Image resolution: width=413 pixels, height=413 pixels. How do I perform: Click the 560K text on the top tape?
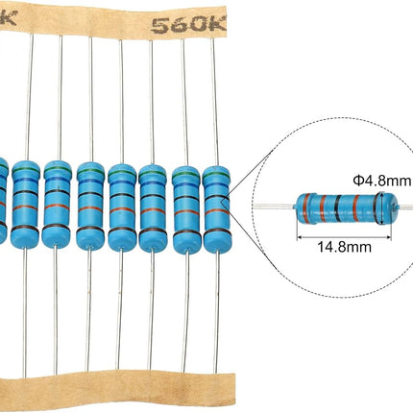188,25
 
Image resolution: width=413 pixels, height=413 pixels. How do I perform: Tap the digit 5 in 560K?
159,26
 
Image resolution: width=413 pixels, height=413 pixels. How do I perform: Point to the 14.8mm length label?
344,247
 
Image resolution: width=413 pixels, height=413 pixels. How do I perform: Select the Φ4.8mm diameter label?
381,181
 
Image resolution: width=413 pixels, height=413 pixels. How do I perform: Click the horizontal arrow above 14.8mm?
345,237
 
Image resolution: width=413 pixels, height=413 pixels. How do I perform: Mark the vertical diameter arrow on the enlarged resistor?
381,208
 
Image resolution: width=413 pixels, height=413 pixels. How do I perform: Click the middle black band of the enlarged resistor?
337,207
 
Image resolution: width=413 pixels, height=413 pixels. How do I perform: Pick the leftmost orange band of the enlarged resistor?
306,207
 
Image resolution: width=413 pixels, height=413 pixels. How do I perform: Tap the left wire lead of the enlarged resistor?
274,206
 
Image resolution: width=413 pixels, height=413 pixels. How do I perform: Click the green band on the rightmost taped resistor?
216,175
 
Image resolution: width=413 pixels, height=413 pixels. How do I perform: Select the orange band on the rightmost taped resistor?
216,212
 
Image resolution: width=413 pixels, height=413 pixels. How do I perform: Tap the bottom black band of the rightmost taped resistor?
216,231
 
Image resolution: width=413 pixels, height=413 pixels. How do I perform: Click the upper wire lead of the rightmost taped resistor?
215,103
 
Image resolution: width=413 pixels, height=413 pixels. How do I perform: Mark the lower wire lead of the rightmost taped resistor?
217,312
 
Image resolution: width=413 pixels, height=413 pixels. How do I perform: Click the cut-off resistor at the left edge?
3,199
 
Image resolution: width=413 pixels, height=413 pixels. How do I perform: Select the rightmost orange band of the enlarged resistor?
356,208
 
